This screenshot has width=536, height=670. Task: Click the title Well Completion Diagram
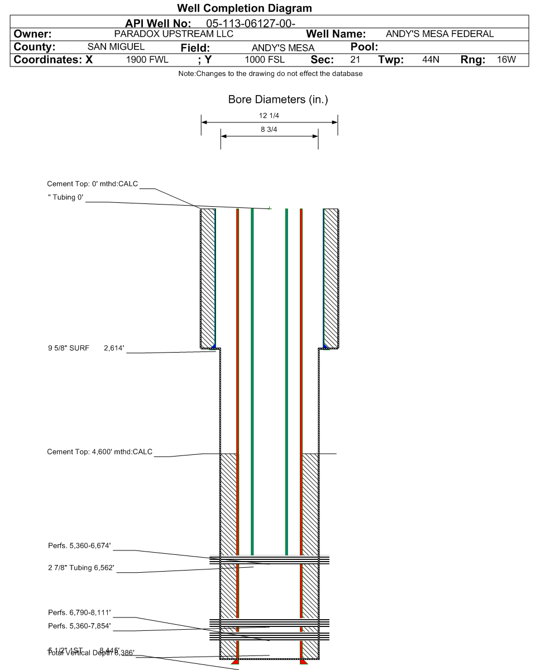pos(244,8)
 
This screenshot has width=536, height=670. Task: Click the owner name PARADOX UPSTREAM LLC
pos(174,34)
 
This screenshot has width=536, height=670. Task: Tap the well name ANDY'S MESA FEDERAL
pos(440,34)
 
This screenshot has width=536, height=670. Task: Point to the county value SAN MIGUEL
pos(116,47)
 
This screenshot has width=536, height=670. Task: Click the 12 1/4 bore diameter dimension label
pos(270,116)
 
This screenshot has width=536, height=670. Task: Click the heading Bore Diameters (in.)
pos(278,100)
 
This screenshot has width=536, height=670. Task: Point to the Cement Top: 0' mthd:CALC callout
pos(92,184)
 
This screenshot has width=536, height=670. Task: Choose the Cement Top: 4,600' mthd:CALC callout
pos(99,452)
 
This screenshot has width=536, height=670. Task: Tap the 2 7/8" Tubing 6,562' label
pos(82,568)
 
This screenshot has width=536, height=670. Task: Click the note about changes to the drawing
pos(270,74)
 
